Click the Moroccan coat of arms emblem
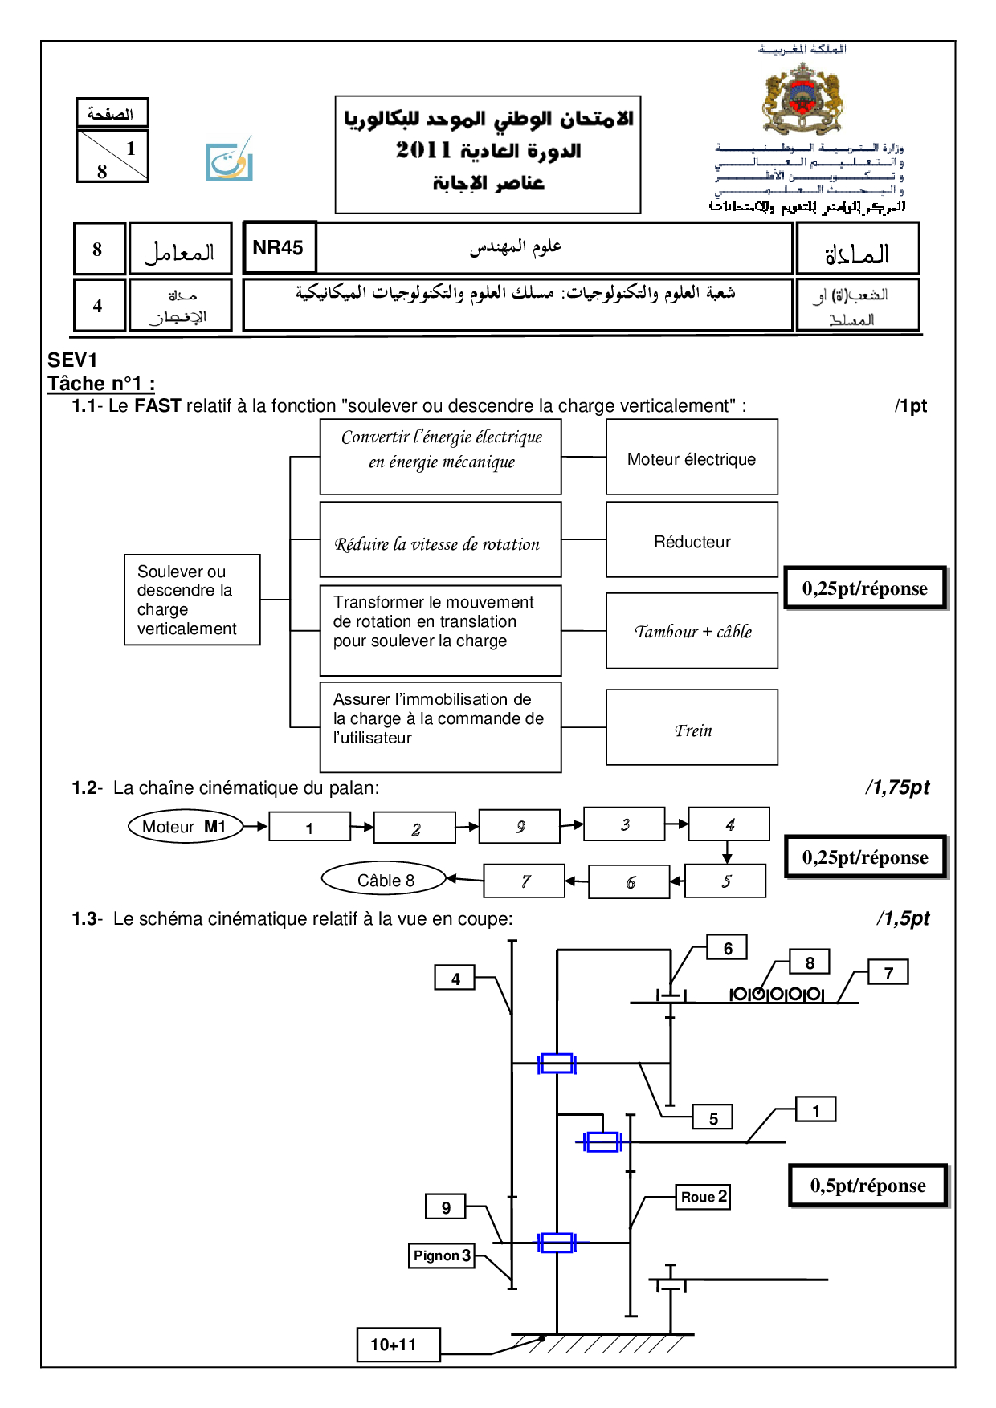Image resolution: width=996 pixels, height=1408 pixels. click(802, 100)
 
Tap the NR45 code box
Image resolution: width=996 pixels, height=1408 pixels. click(279, 248)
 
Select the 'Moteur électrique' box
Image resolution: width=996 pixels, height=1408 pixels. click(692, 458)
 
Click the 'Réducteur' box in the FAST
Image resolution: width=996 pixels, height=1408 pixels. click(692, 540)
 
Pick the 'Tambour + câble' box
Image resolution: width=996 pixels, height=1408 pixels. click(692, 631)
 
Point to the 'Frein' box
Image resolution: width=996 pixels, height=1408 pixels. click(692, 728)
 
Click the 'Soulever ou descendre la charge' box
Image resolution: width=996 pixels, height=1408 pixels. click(192, 600)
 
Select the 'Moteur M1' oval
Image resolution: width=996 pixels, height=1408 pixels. click(186, 827)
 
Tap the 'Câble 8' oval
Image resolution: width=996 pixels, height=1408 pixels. click(384, 880)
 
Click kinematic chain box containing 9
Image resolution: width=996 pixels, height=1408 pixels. click(520, 827)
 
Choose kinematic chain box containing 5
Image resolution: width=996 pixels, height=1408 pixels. click(725, 881)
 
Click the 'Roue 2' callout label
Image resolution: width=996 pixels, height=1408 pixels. click(704, 1197)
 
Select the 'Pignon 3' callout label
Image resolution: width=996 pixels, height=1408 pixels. click(442, 1255)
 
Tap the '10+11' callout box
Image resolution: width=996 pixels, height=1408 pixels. click(398, 1345)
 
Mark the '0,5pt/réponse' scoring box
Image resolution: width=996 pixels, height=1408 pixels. click(867, 1186)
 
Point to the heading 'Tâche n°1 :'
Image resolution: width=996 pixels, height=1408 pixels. click(101, 384)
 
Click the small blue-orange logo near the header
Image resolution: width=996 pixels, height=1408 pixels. click(229, 160)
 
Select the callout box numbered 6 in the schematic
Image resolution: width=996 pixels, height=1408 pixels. click(727, 948)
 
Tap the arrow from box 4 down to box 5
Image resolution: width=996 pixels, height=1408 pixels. click(727, 852)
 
